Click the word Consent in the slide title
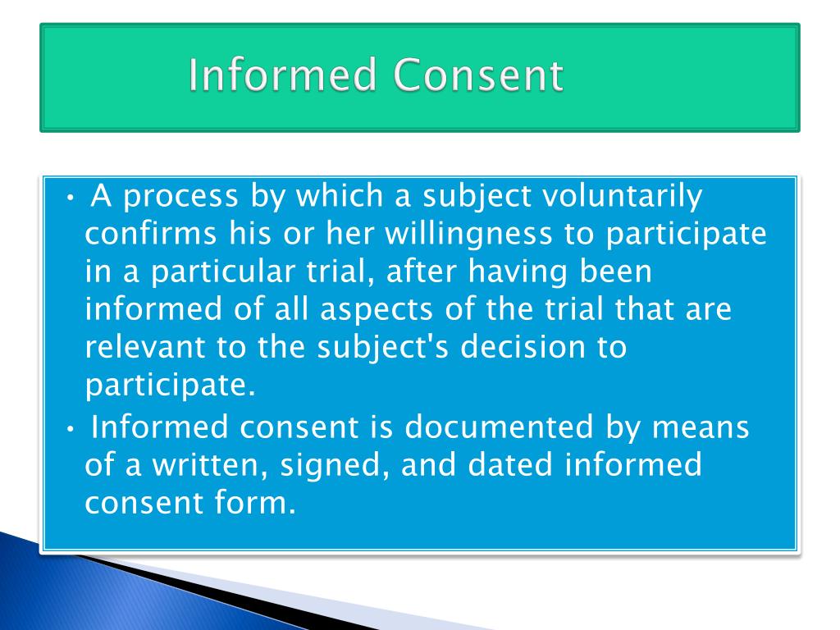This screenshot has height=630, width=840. (x=478, y=76)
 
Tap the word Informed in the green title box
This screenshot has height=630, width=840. (x=283, y=76)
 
